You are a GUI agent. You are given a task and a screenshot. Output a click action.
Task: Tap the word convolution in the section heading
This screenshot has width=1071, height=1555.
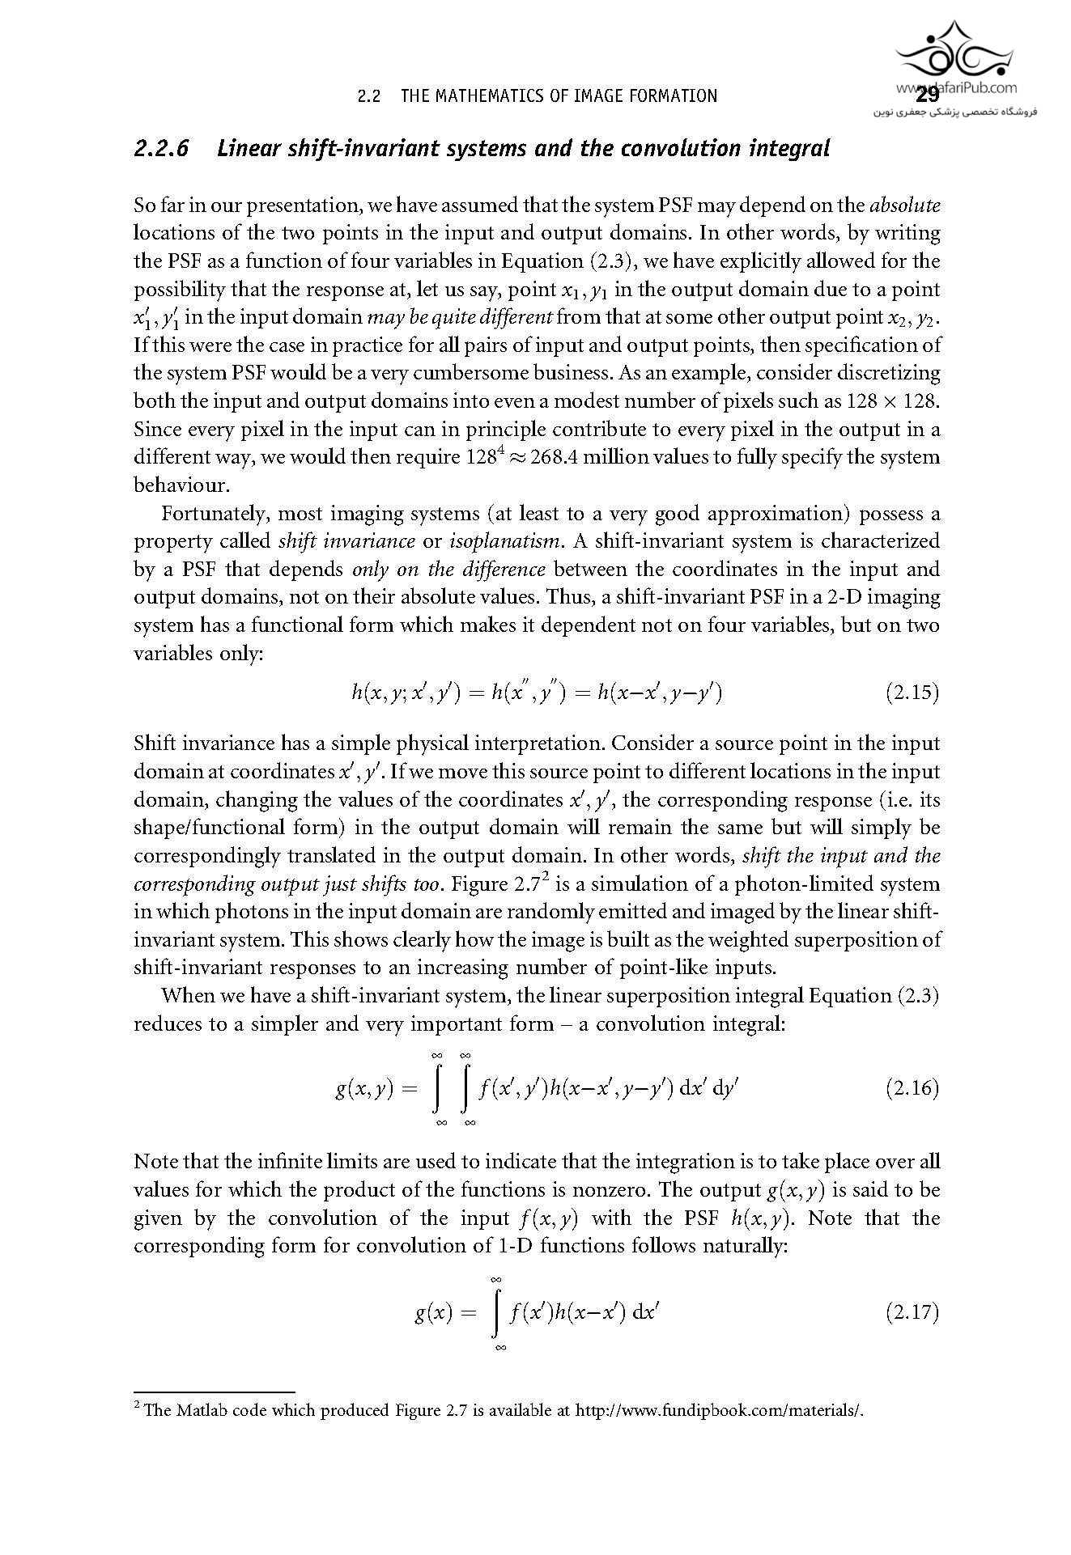pyautogui.click(x=684, y=149)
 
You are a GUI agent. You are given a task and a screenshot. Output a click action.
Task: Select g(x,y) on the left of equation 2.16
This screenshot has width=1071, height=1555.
pyautogui.click(x=364, y=1089)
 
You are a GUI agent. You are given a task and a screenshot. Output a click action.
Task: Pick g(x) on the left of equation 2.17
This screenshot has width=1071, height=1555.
pyautogui.click(x=433, y=1312)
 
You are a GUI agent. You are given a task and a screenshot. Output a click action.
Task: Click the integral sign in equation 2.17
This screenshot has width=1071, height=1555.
pyautogui.click(x=496, y=1312)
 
